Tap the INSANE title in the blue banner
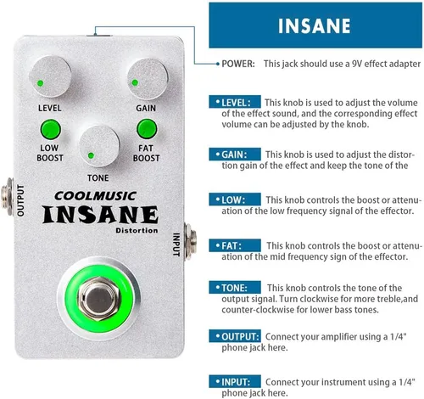(314, 25)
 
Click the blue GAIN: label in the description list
(231, 155)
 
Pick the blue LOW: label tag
(229, 199)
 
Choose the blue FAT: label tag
(227, 245)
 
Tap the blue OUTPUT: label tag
(237, 334)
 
